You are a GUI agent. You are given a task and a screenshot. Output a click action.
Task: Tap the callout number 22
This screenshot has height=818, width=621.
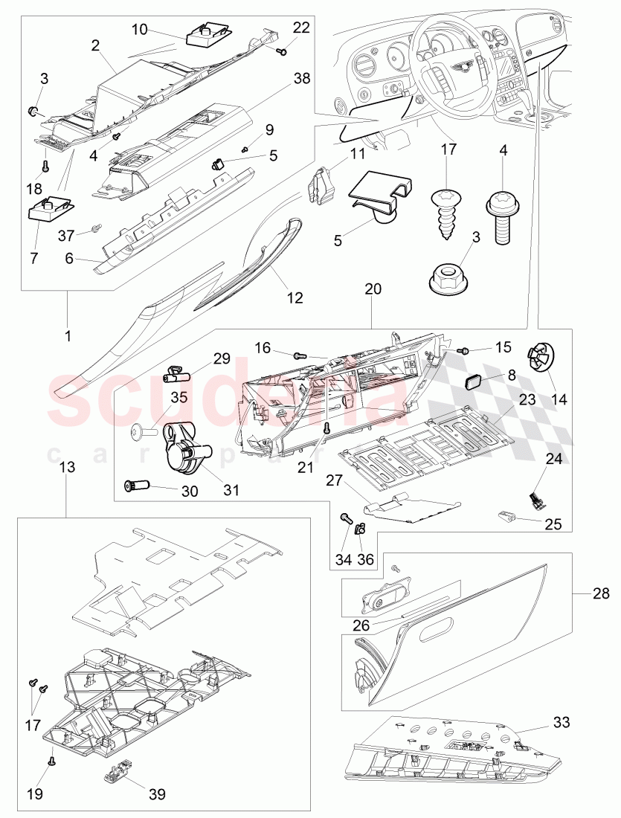301,28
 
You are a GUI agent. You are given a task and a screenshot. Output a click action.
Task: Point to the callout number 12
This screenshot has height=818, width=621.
295,297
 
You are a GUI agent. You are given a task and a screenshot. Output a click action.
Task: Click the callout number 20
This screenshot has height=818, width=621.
373,289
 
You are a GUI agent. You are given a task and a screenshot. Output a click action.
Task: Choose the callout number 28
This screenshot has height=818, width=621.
602,593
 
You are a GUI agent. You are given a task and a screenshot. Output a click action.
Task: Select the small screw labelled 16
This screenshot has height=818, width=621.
300,357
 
